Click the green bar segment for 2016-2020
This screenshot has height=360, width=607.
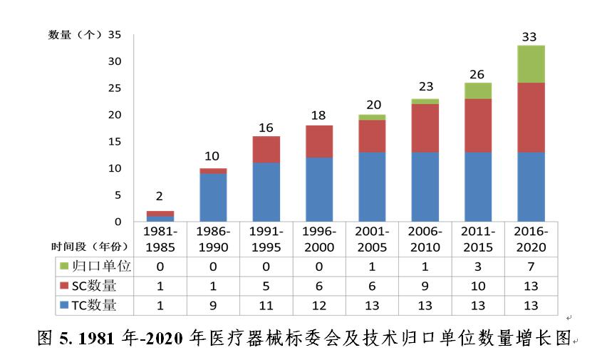click(531, 64)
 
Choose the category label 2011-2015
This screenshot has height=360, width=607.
click(478, 240)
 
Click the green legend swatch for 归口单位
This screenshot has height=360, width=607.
click(64, 266)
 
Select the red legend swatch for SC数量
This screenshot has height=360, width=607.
click(64, 286)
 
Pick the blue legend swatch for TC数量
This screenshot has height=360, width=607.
click(64, 306)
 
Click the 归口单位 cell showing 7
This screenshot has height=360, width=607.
click(531, 266)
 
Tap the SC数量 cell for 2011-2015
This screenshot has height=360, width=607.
click(478, 286)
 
